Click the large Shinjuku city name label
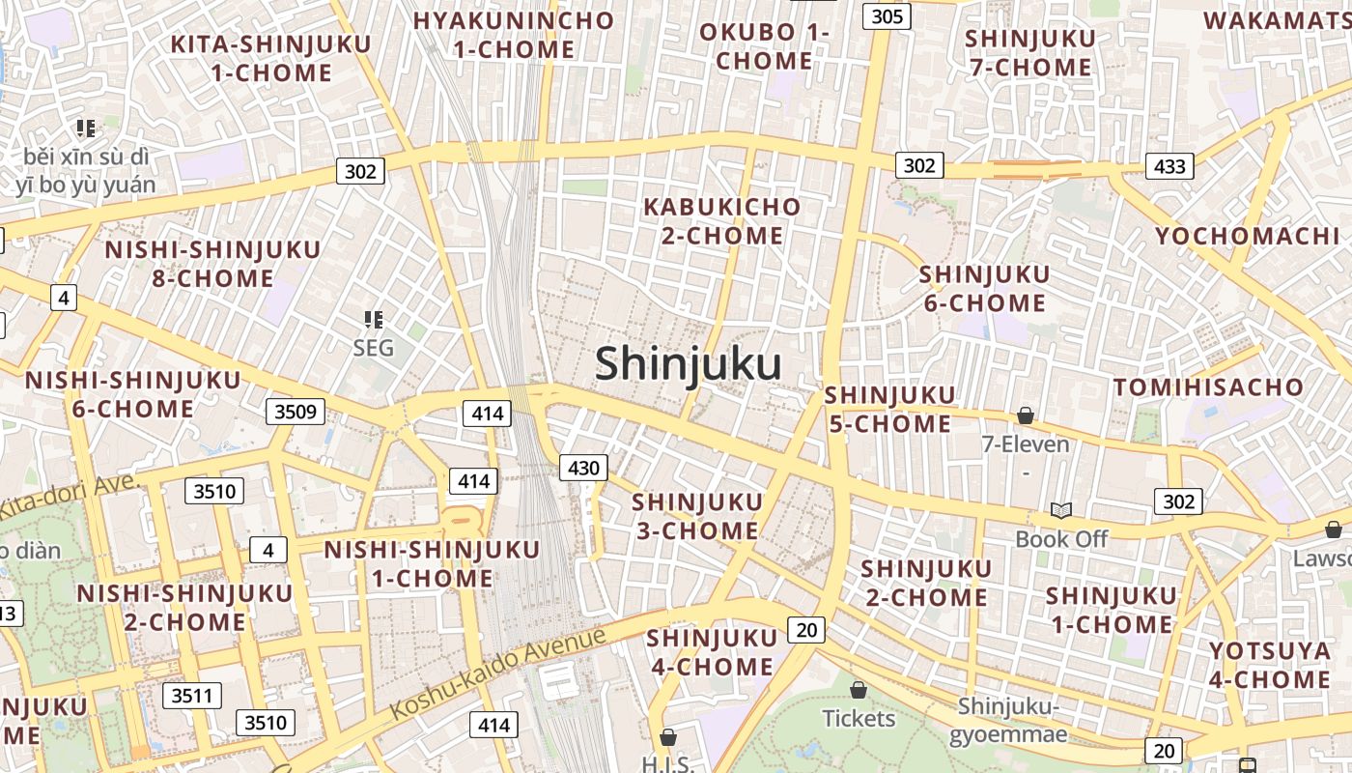[x=688, y=364]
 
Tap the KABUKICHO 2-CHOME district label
[x=721, y=221]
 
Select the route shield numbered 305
[x=887, y=15]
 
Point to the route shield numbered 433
[x=1169, y=166]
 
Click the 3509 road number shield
[x=296, y=413]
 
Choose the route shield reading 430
[x=583, y=469]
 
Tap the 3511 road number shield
[x=192, y=696]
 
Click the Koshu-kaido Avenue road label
[x=498, y=673]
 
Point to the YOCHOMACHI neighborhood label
[x=1247, y=236]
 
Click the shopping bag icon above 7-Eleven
[x=1026, y=415]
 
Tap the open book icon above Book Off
[x=1060, y=510]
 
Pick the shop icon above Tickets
[x=859, y=690]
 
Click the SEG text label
[x=374, y=348]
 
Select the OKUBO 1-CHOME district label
[x=764, y=46]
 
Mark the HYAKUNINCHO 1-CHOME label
[x=514, y=35]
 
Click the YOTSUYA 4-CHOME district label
[x=1269, y=665]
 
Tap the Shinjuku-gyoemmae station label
[x=1009, y=721]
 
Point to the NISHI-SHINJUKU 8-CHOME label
[x=212, y=264]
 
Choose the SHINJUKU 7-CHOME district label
[x=1030, y=53]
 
